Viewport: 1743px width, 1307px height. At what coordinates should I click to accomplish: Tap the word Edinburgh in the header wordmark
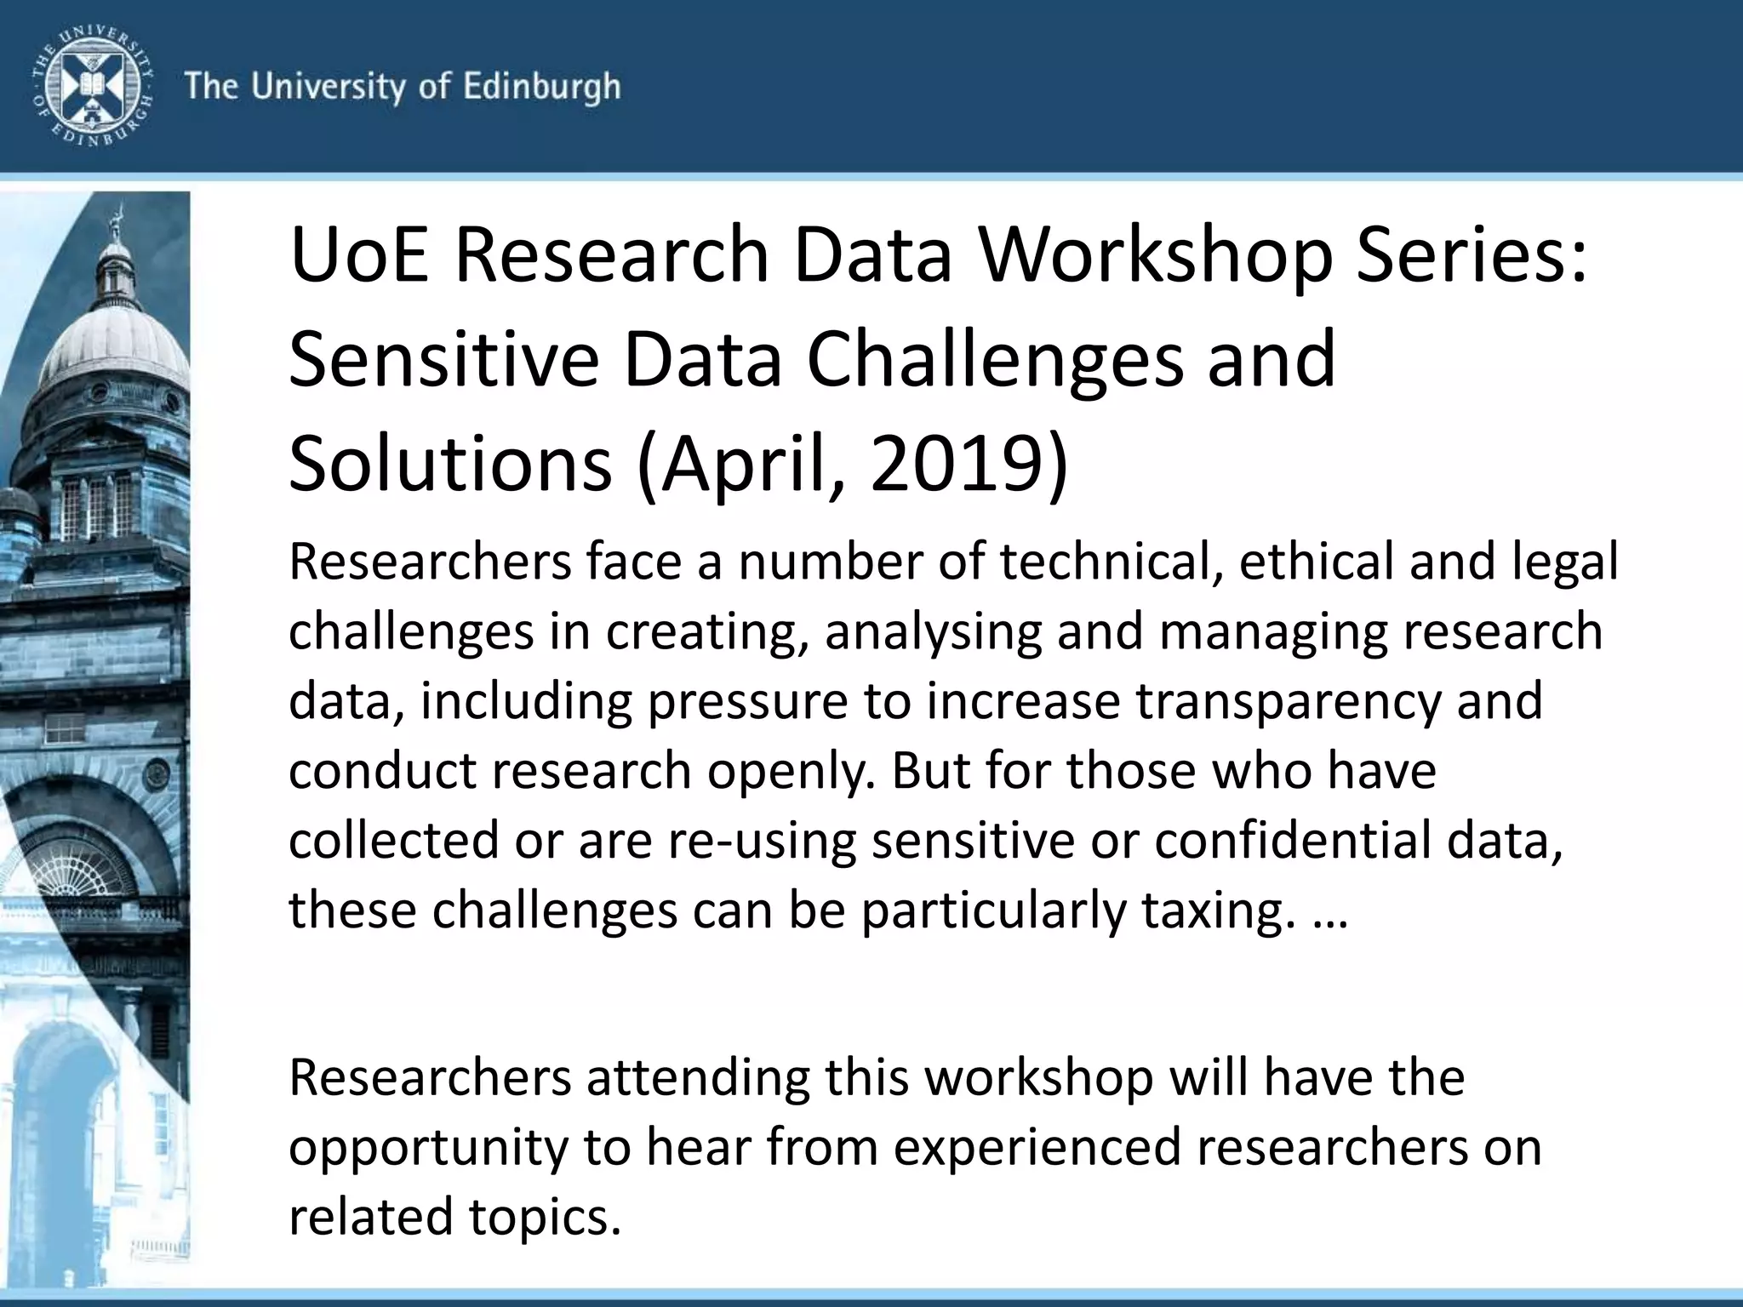click(541, 87)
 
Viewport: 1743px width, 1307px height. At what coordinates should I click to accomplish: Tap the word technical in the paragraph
click(1106, 562)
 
